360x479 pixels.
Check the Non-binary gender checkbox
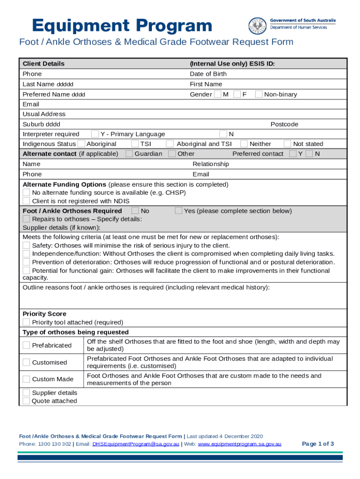tap(259, 94)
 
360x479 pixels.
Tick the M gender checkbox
tap(217, 94)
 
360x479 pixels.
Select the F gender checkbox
tap(237, 94)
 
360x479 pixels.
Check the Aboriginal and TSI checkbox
tap(170, 144)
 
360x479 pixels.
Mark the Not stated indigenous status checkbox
tap(287, 144)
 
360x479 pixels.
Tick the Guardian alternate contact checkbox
tap(129, 154)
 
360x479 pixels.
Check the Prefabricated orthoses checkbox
tap(26, 345)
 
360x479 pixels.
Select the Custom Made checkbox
tap(26, 379)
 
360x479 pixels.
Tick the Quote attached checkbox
tap(26, 401)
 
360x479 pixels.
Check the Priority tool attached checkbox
tap(26, 322)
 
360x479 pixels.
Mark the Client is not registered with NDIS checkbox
tap(26, 201)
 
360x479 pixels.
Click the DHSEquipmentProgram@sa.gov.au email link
tap(136, 444)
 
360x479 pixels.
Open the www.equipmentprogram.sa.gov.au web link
tap(239, 444)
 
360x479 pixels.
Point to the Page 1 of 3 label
tap(318, 444)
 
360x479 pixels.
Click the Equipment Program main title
tap(122, 26)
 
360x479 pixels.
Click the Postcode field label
tap(284, 124)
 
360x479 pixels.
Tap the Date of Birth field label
tap(208, 74)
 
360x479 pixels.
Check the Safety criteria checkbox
tap(26, 246)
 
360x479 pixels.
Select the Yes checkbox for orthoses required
tap(178, 211)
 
